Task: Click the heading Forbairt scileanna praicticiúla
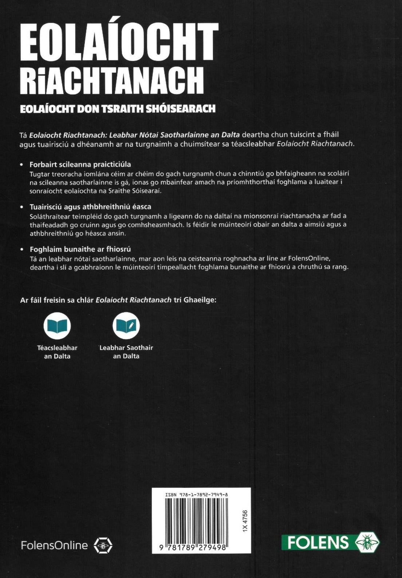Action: [80, 164]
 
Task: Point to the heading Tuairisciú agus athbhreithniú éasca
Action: [90, 206]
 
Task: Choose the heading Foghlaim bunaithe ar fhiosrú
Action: [80, 249]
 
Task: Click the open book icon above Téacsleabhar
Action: [57, 325]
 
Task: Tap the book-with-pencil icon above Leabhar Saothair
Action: [126, 325]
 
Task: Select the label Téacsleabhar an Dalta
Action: [57, 352]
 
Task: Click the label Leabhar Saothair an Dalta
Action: [126, 352]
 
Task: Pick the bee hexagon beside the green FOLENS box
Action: [367, 542]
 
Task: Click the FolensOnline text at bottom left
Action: [54, 545]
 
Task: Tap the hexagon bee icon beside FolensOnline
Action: [103, 545]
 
